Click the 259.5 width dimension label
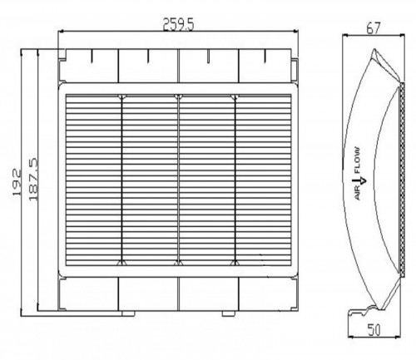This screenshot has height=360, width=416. point(179,24)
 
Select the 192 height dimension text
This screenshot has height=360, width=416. point(17,182)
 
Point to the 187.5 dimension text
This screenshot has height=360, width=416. point(33,179)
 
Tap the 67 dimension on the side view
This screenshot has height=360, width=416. point(373,28)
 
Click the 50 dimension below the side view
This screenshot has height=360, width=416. point(374,330)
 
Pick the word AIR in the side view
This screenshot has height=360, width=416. point(358,193)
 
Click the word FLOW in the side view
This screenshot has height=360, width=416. point(357,160)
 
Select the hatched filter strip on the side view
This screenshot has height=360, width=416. point(403,179)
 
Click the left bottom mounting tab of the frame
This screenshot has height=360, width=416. point(128,313)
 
